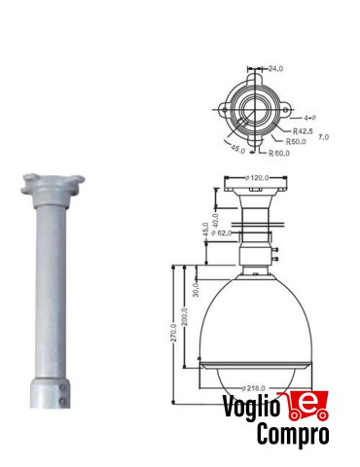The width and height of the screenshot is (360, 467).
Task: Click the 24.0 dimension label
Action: tap(275, 69)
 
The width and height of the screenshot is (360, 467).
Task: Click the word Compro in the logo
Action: tap(292, 436)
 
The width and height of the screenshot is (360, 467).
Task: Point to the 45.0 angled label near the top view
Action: tap(236, 149)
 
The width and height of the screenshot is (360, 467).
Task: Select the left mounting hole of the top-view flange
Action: tap(231, 106)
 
